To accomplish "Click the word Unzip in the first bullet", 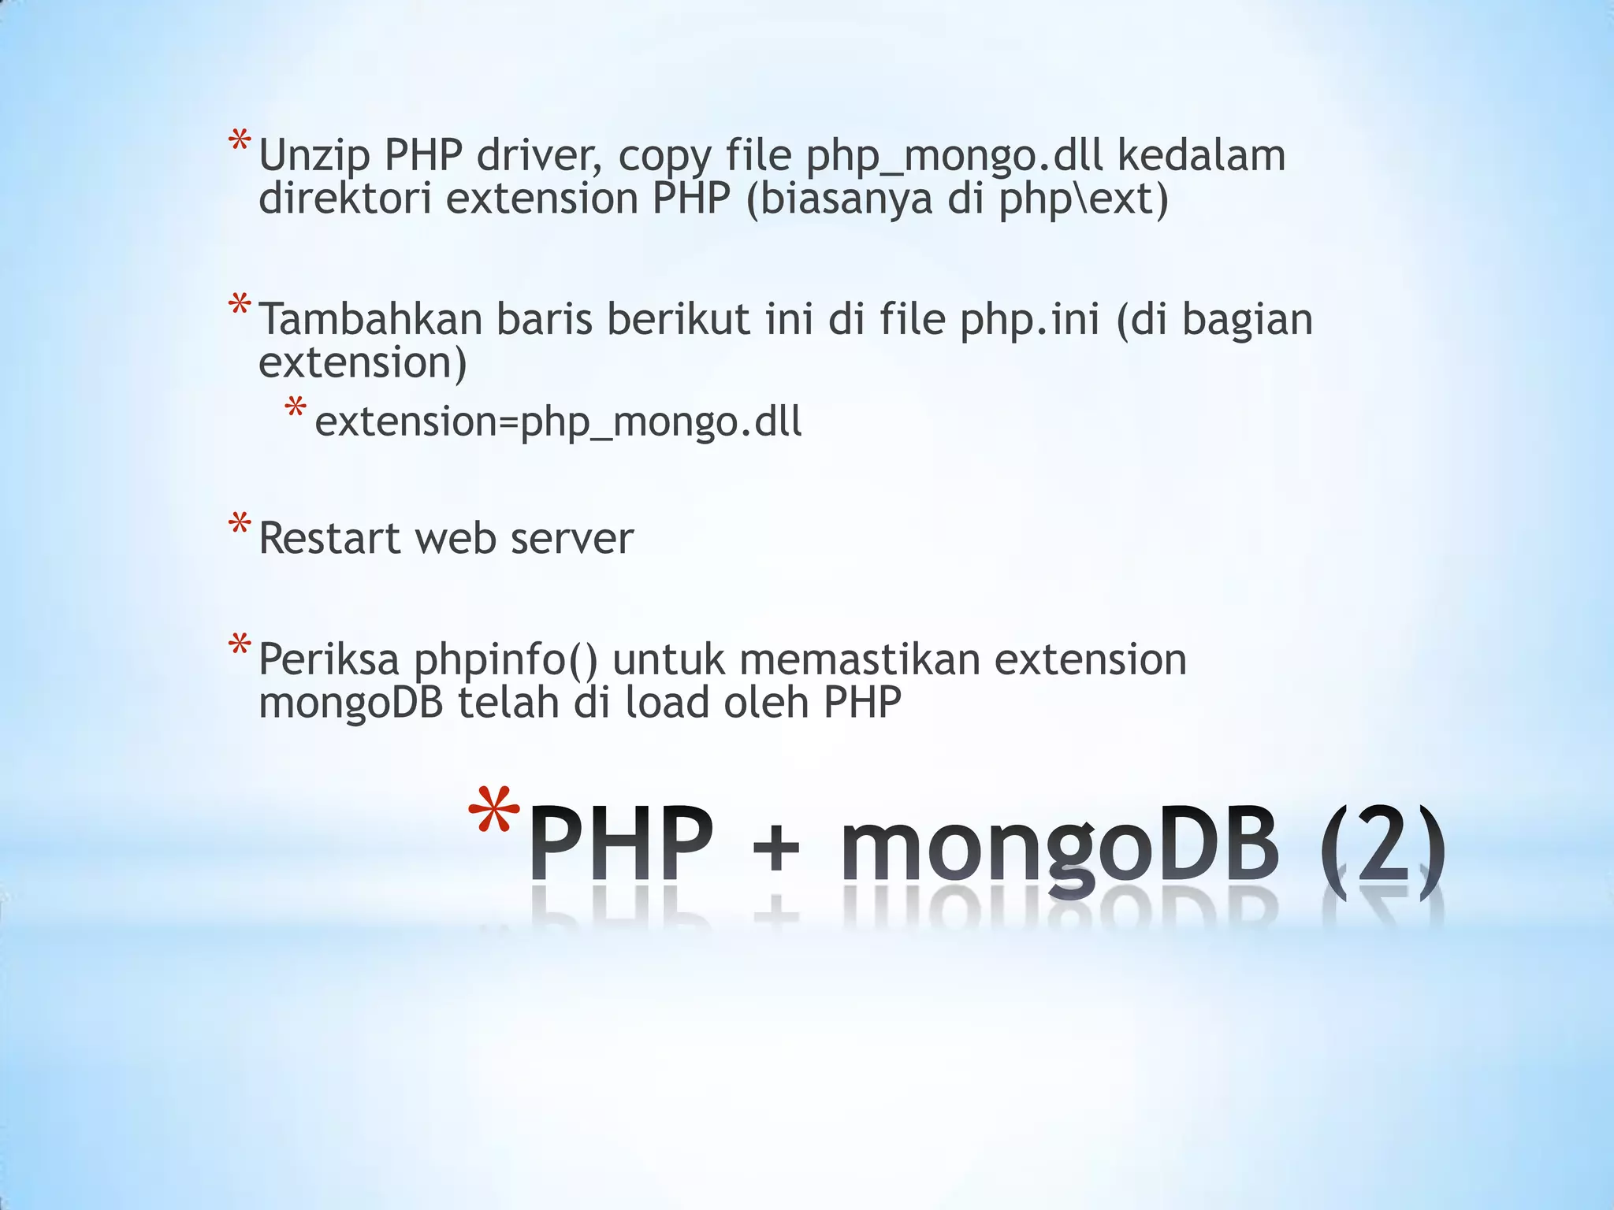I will pyautogui.click(x=314, y=156).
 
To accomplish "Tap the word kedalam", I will pyautogui.click(x=1201, y=156).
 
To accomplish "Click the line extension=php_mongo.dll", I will pyautogui.click(x=558, y=422).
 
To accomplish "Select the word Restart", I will pyautogui.click(x=329, y=540).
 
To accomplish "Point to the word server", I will pyautogui.click(x=571, y=540).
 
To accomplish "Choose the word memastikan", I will pyautogui.click(x=859, y=660).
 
